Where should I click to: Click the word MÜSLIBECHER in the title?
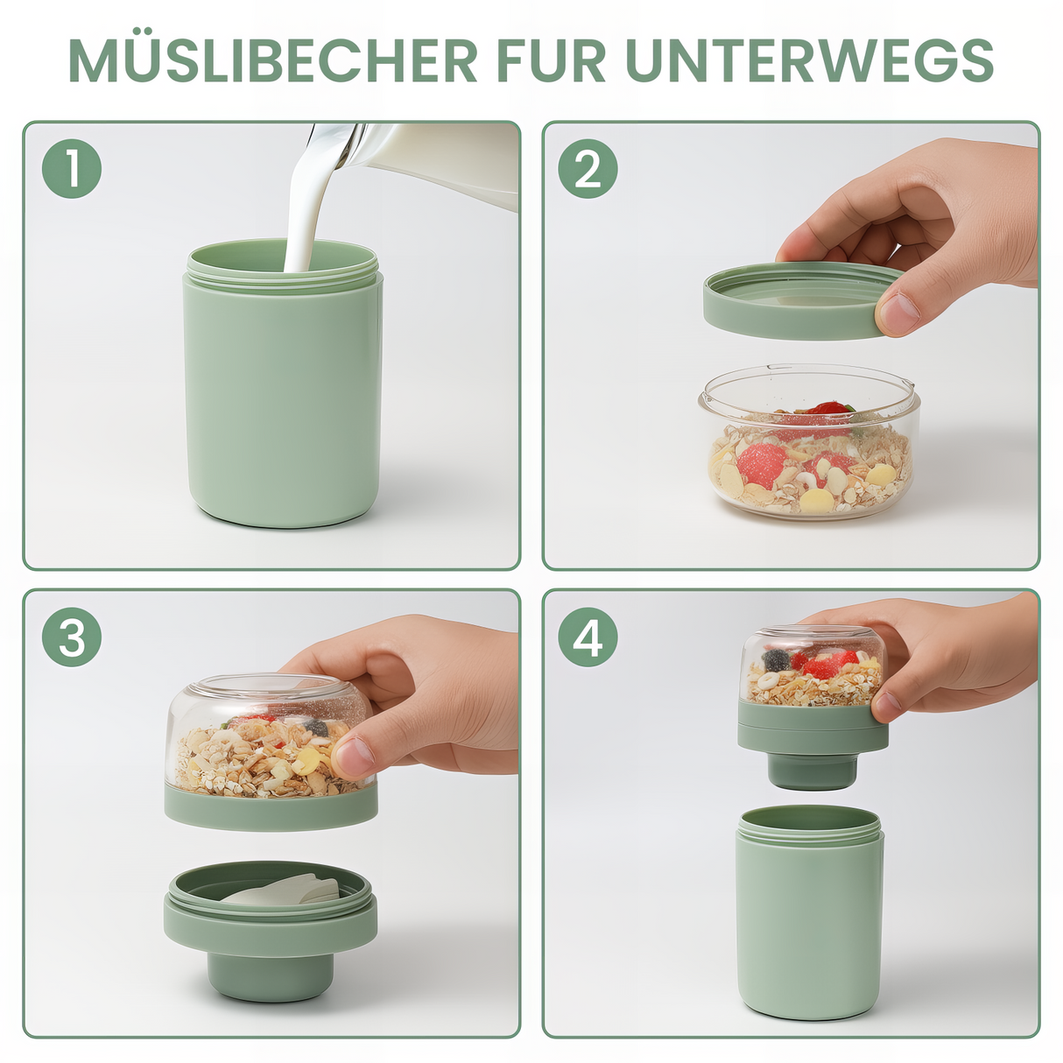[x=272, y=60]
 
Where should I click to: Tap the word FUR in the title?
[x=551, y=60]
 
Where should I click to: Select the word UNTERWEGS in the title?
[x=809, y=60]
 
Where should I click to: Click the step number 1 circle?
[x=72, y=168]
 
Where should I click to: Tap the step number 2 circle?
[x=588, y=168]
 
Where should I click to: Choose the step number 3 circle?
[x=72, y=637]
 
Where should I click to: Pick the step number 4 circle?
[x=588, y=637]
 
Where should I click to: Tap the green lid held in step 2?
[x=792, y=302]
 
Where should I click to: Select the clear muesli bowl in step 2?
[x=810, y=447]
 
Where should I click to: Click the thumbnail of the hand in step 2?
[x=898, y=312]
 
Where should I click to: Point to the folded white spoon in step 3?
[x=280, y=889]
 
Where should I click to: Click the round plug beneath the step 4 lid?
[x=812, y=771]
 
